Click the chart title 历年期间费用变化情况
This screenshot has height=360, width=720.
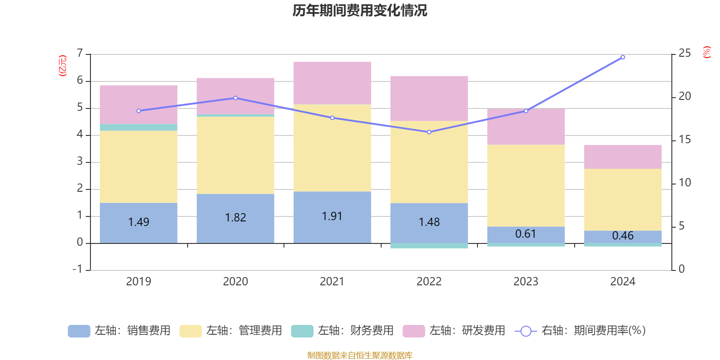360,10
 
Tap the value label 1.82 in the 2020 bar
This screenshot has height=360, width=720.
235,218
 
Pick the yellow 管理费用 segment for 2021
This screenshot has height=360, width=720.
332,148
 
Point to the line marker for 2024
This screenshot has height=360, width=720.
623,57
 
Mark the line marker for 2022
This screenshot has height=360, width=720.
429,132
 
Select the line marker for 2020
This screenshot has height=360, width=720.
235,98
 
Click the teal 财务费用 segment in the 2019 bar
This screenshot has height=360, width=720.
139,127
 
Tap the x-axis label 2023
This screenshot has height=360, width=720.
526,282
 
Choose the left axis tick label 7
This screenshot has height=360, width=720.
80,54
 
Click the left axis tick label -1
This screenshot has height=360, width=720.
78,269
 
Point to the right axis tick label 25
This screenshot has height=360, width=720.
684,54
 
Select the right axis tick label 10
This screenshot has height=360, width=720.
684,183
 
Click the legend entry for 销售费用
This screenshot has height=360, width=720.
120,331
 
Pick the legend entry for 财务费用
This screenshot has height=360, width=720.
342,331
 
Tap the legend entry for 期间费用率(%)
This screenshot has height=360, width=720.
580,331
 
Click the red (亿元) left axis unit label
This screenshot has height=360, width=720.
63,66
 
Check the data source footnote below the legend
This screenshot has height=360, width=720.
360,355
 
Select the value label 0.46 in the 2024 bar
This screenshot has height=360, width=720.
623,236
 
